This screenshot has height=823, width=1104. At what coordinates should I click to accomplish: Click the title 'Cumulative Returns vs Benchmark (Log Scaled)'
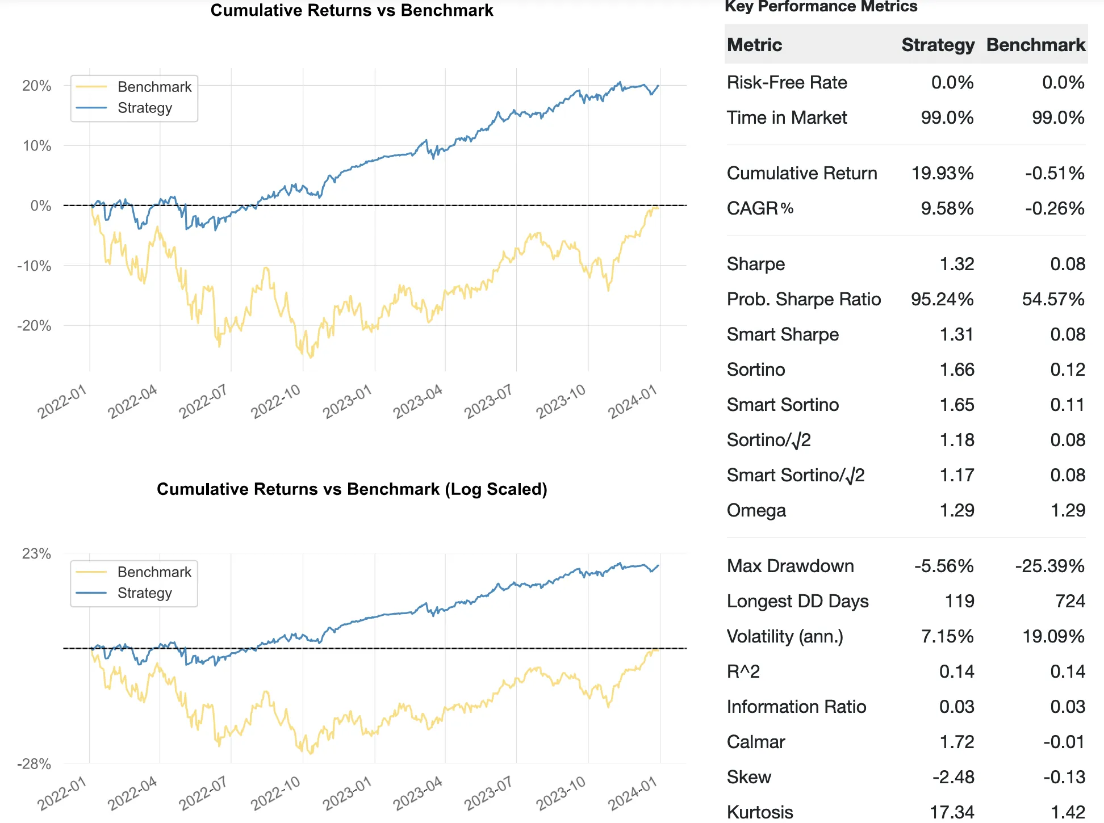pos(352,489)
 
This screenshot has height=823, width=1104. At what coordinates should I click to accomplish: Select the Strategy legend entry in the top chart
pos(145,108)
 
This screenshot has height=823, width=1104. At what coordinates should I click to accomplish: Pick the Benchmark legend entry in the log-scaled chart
pos(154,572)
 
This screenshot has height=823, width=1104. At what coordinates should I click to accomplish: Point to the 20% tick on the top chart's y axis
pos(37,86)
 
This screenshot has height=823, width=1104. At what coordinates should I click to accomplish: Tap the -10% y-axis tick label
pos(34,266)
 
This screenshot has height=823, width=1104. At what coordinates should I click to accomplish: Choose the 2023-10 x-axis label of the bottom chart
pos(561,792)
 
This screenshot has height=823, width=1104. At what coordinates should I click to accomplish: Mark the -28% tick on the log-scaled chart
pos(34,764)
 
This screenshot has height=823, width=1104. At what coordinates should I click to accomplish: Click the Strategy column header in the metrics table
pos(938,45)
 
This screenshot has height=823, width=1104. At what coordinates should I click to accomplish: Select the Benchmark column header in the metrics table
pos(1035,45)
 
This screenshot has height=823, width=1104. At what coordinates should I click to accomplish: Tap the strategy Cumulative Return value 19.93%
pos(942,173)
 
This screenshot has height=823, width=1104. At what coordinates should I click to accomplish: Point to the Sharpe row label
pos(756,264)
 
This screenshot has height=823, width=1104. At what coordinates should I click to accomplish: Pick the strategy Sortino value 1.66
pos(957,369)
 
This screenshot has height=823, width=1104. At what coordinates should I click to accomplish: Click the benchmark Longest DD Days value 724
pos(1070,601)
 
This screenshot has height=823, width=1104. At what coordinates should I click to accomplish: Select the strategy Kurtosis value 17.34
pos(952,812)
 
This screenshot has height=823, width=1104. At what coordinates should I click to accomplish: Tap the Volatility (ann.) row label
pos(785,636)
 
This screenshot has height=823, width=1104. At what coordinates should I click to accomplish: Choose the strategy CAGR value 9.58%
pos(947,208)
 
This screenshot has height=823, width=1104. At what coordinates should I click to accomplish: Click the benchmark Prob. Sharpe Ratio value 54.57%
pos(1053,299)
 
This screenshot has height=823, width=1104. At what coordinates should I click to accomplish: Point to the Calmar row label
pos(756,742)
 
